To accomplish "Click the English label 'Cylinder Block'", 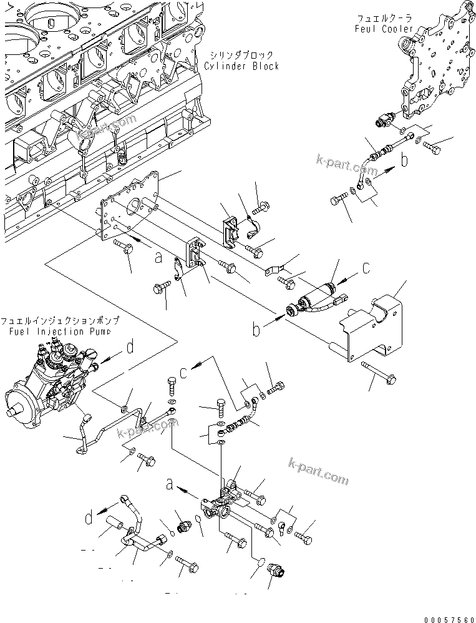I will coord(241,66).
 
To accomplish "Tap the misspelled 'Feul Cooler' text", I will coord(384,29).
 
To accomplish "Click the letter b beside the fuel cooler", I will coord(404,161).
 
